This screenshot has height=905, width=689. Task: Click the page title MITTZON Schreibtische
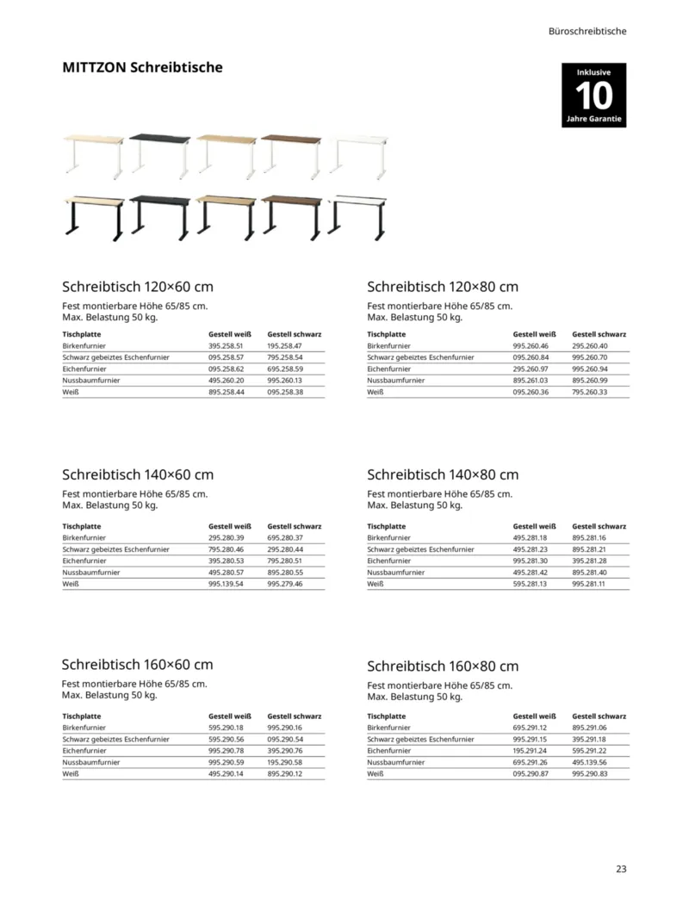142,67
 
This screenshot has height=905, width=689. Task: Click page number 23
621,868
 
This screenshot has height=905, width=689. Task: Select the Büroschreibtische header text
587,31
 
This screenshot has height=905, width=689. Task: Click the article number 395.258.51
227,345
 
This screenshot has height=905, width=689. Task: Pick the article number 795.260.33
590,392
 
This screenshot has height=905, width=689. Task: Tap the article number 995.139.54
227,584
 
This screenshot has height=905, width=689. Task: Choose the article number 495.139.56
590,762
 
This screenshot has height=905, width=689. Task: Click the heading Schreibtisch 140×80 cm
443,474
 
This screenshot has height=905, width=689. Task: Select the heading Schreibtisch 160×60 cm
138,665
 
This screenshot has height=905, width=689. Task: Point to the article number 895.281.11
590,584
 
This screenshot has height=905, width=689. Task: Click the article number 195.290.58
285,762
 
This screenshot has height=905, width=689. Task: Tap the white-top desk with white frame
359,156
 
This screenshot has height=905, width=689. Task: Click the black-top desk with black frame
159,215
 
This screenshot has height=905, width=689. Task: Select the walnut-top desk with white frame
292,155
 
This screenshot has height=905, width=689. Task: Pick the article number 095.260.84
531,357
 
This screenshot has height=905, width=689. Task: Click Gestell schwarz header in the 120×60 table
295,334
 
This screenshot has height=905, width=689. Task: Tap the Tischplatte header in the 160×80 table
386,716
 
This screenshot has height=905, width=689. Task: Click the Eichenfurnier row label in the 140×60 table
84,561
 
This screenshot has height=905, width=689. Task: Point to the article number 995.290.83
590,774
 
